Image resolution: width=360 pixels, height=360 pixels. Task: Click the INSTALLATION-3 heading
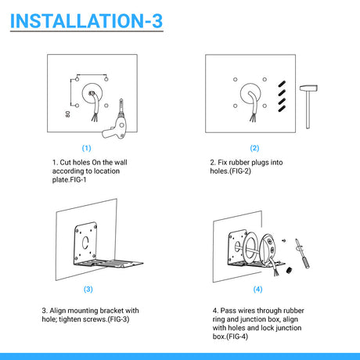(x=86, y=20)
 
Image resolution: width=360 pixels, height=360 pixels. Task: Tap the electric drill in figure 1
(x=116, y=123)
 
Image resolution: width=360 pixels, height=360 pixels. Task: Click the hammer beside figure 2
(x=308, y=106)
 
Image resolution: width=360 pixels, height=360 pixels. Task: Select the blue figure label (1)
(x=86, y=148)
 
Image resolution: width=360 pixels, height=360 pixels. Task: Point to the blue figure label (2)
(x=254, y=148)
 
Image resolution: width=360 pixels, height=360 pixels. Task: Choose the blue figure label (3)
(x=88, y=289)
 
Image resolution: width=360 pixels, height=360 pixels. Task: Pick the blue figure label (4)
(x=257, y=289)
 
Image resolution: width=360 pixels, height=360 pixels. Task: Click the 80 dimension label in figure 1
(x=68, y=114)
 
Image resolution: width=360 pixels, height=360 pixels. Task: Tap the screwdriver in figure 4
(x=302, y=254)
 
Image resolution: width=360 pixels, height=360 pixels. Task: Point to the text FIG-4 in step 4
(x=237, y=337)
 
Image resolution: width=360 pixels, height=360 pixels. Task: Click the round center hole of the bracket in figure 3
(x=85, y=243)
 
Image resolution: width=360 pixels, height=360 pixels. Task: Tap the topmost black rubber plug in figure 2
(x=282, y=84)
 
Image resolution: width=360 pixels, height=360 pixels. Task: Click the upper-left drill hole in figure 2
(x=236, y=79)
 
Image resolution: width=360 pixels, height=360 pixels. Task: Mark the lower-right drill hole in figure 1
(x=106, y=106)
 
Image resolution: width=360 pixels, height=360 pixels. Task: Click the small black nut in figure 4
(x=289, y=270)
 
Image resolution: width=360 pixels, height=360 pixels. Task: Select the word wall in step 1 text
(x=121, y=163)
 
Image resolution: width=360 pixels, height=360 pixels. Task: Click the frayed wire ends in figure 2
(x=253, y=118)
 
